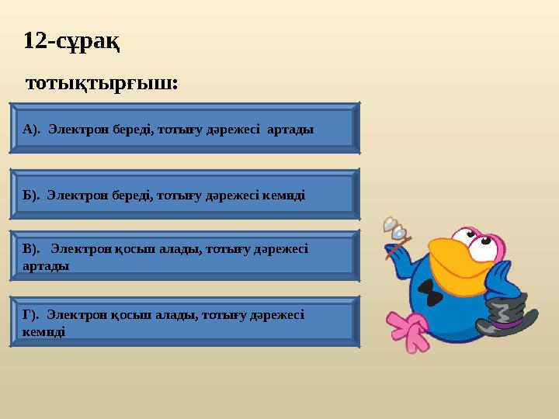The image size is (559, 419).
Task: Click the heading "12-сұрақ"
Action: [x=71, y=40]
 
